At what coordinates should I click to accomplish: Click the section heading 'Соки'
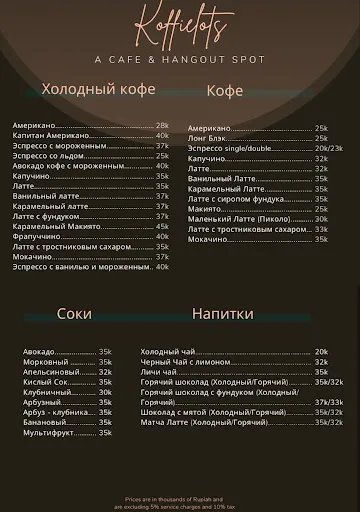pos(74,313)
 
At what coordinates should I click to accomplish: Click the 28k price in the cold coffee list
pos(162,125)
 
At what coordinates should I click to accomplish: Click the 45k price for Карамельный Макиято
pos(162,226)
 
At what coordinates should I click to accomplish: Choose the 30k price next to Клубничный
pos(105,392)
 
